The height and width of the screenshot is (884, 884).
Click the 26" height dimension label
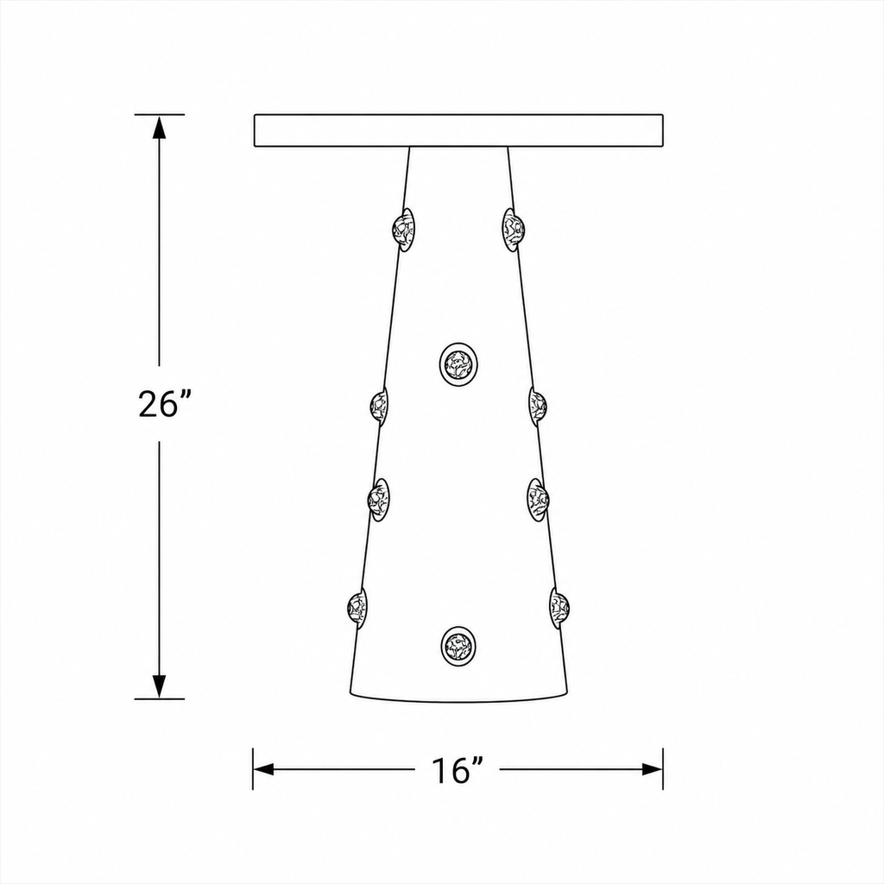[159, 404]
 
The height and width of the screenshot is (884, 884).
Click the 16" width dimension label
[458, 770]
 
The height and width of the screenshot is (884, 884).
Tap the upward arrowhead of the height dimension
[160, 128]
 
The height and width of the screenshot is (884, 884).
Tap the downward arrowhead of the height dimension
[160, 685]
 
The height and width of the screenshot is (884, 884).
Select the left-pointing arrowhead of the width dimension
[264, 769]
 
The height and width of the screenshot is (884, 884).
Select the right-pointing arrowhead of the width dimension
[652, 769]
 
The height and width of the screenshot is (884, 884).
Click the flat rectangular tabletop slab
[458, 131]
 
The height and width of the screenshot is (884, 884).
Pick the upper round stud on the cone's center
[458, 364]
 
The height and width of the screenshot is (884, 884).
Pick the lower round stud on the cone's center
[458, 646]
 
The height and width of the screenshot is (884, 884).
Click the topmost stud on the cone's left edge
[404, 230]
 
